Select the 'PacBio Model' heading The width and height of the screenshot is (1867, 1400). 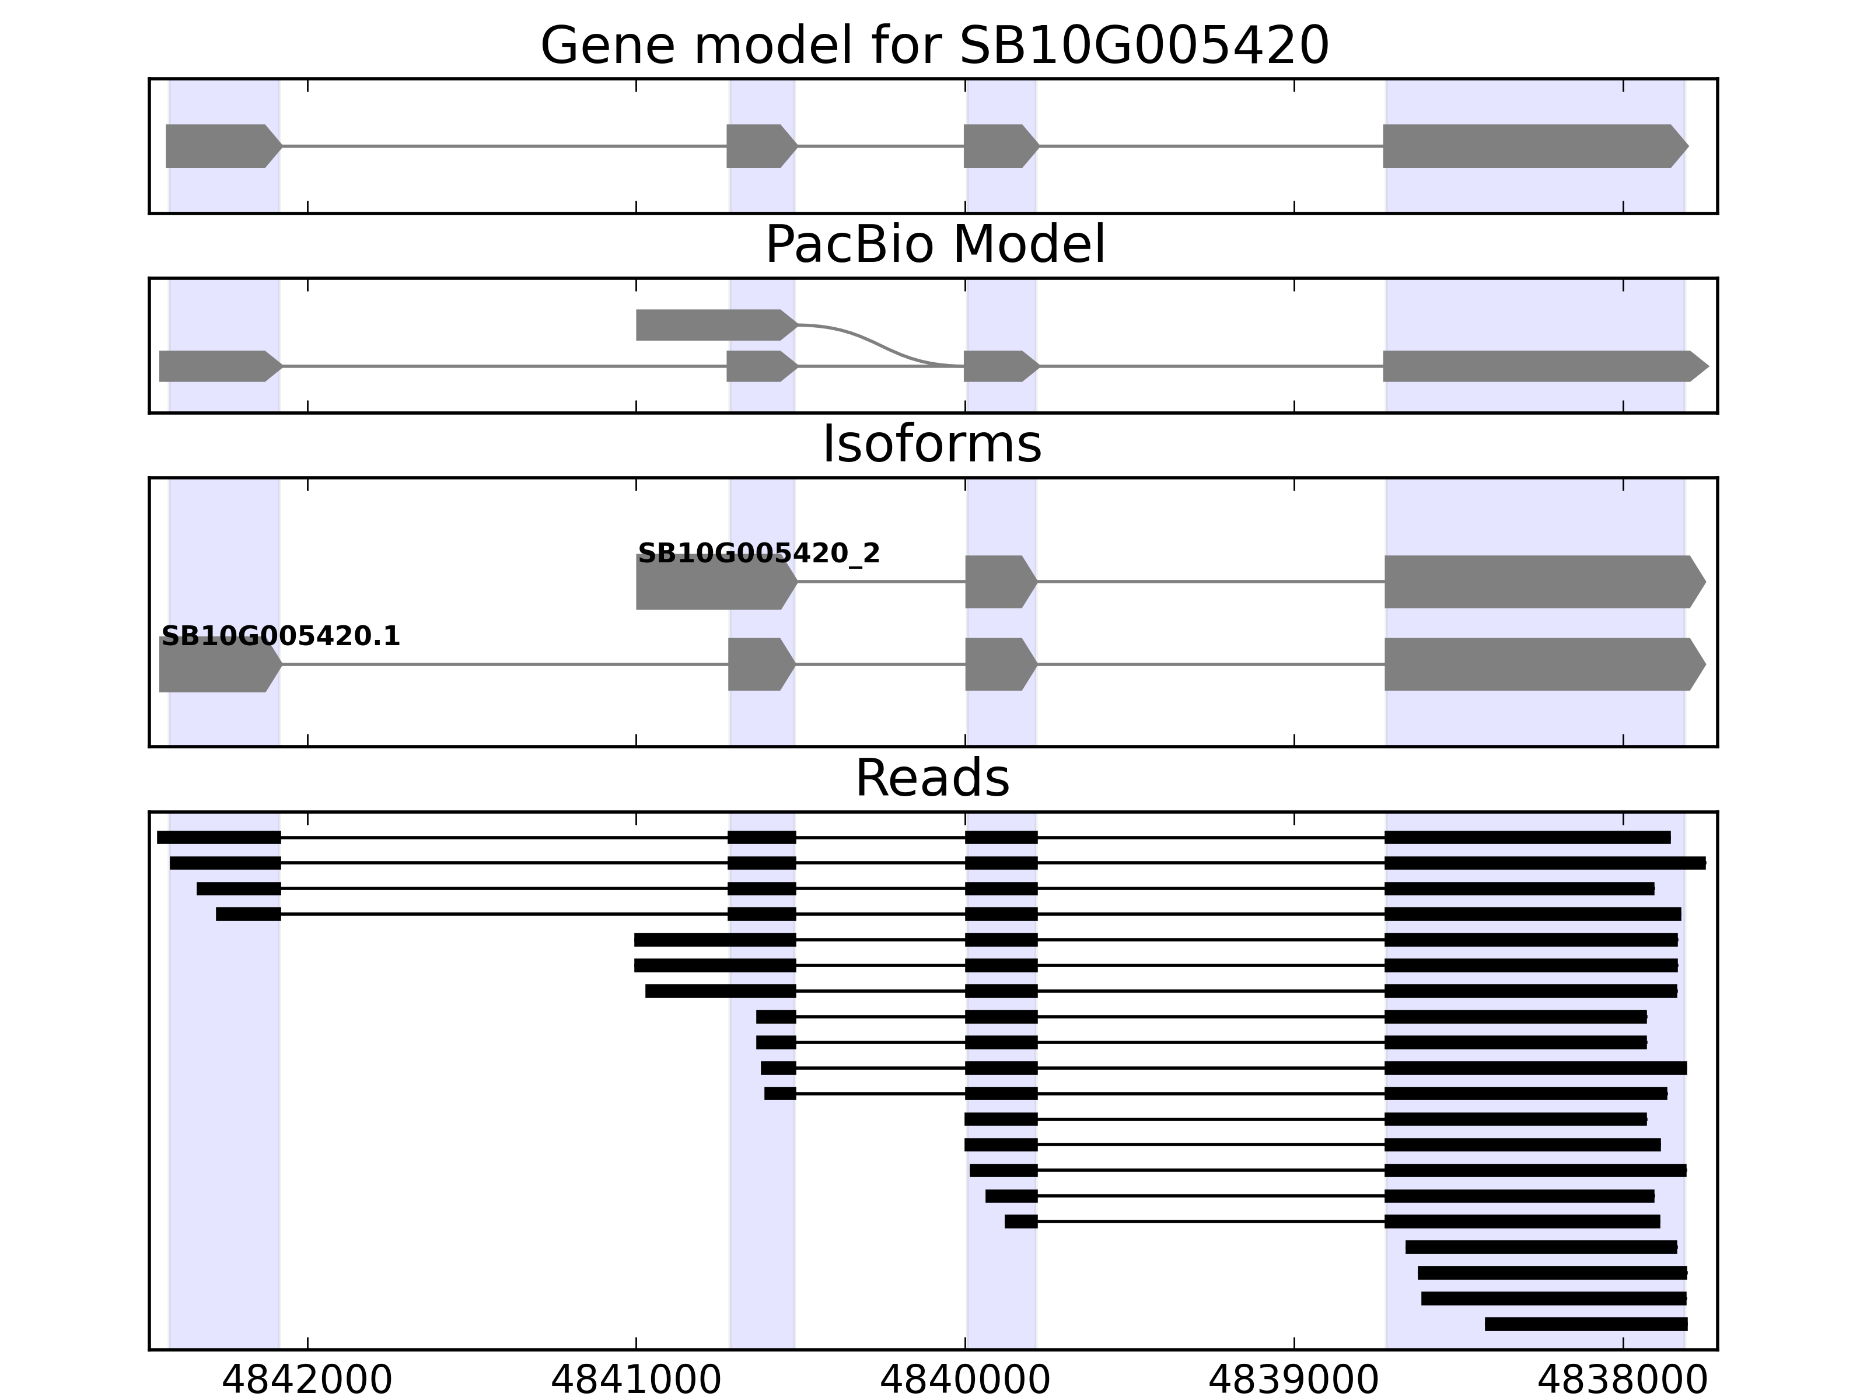[x=934, y=245]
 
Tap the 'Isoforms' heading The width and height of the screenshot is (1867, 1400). [x=932, y=444]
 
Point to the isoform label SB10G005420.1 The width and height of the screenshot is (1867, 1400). [x=280, y=636]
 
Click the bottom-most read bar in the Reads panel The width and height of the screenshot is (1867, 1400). [x=1585, y=1324]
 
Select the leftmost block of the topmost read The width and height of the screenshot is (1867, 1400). [x=219, y=837]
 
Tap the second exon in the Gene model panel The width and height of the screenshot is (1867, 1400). [x=760, y=146]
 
